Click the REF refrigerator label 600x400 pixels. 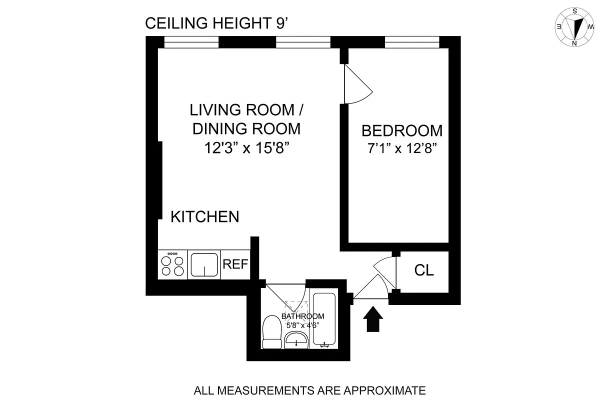[235, 264]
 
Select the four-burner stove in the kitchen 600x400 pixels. [172, 264]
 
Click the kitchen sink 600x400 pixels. [204, 264]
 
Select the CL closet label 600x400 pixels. [424, 270]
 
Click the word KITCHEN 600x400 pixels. [205, 217]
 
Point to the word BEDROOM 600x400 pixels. [402, 131]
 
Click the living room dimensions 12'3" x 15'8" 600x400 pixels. [246, 148]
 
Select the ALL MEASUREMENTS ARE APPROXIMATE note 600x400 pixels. [309, 389]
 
